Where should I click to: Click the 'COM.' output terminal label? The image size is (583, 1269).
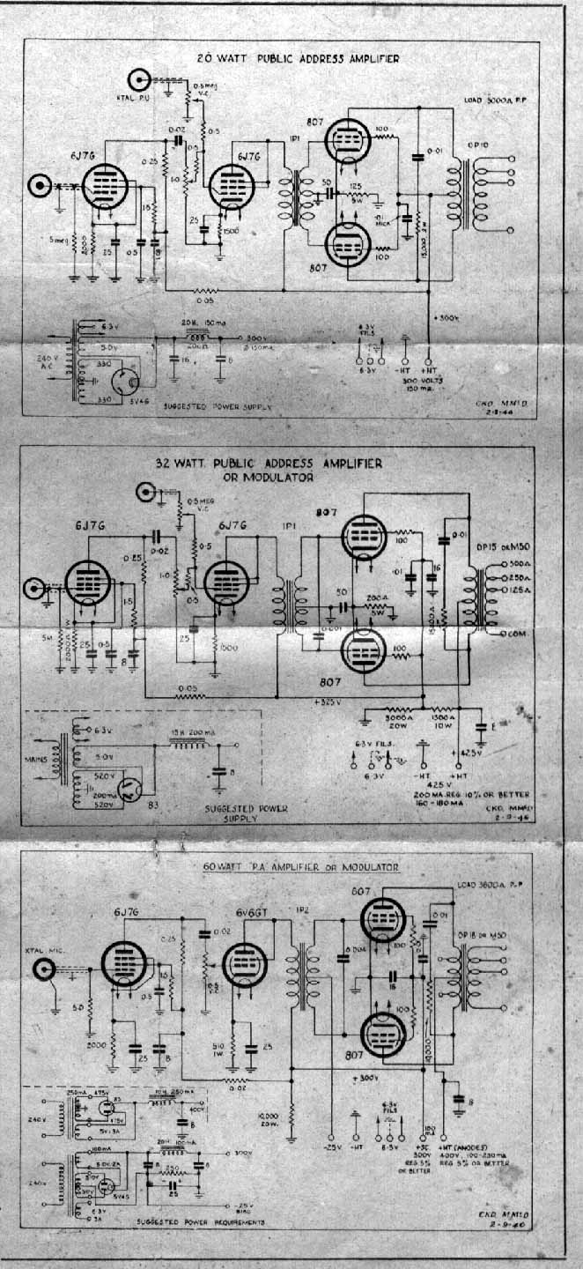(525, 634)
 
